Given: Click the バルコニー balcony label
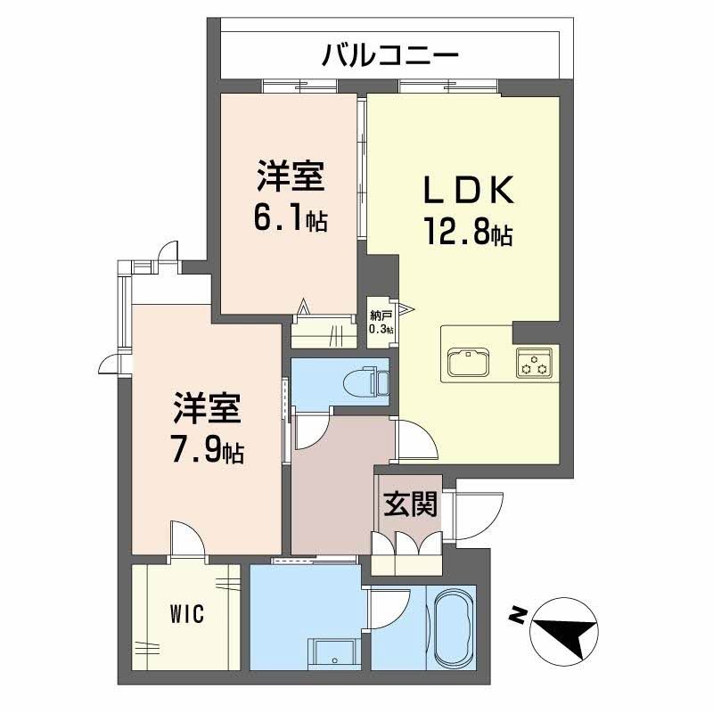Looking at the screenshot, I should click(x=391, y=56).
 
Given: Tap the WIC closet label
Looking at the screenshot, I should click(x=187, y=613).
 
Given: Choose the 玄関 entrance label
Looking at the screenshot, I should click(x=411, y=505).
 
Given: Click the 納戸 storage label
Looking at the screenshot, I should click(x=380, y=316).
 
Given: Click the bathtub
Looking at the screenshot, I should click(x=453, y=627).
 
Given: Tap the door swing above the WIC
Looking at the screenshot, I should click(x=187, y=539).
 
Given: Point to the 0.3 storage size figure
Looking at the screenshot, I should click(x=380, y=330).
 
